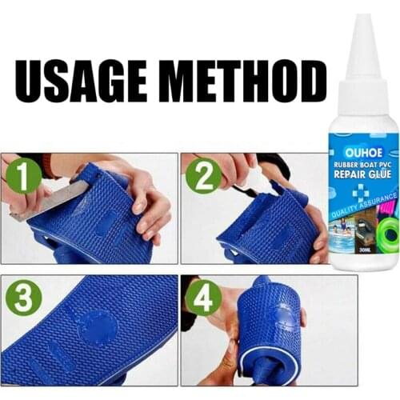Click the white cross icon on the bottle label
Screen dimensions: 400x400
point(345,189)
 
